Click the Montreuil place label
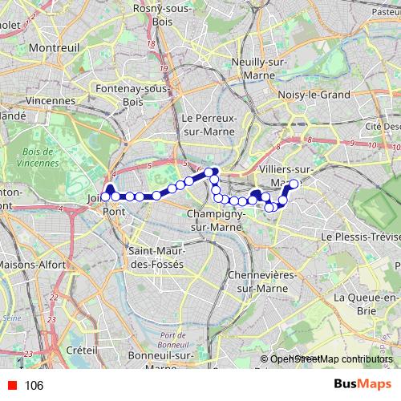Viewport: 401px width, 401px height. tap(54, 48)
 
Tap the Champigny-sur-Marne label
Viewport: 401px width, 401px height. tap(217, 221)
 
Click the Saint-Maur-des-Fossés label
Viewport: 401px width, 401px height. tap(156, 257)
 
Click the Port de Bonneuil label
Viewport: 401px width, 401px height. tap(179, 340)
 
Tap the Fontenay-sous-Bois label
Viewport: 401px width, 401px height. tap(132, 95)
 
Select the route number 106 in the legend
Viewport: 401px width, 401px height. tap(34, 386)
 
